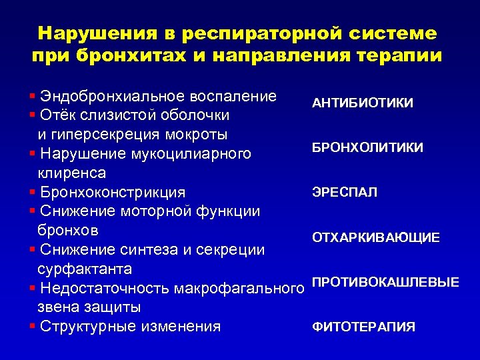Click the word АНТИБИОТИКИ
point(362,103)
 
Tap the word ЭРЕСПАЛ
point(345,193)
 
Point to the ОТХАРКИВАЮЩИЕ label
point(376,238)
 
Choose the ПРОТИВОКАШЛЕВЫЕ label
point(385,283)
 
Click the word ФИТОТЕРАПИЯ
point(363,327)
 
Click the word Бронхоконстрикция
point(113,193)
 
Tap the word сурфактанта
point(85,269)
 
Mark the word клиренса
point(71,173)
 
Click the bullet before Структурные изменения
point(33,327)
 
